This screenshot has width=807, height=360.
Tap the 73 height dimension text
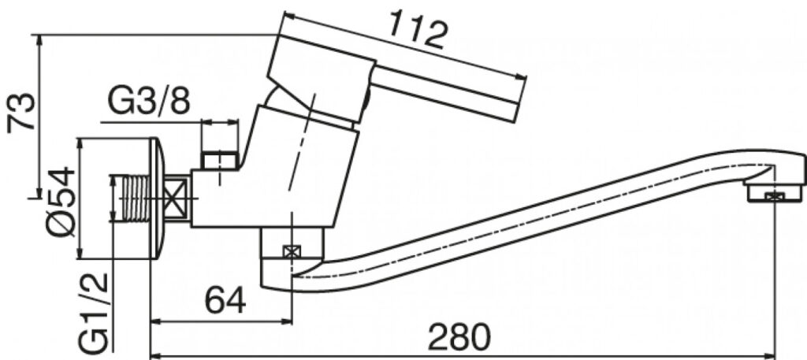[x=21, y=112]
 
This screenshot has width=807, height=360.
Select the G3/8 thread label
[x=148, y=102]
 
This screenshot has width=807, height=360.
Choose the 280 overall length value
[x=459, y=338]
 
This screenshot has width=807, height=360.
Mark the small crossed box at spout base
[x=292, y=252]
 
